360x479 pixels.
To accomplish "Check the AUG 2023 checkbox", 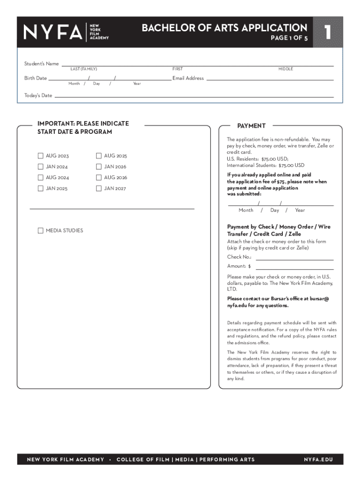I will pos(41,156).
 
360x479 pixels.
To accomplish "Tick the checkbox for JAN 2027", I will pos(99,189).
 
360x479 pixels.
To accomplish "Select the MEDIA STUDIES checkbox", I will pos(41,231).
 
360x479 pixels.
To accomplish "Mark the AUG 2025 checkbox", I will pos(99,156).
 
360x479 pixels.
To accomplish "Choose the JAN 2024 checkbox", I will pos(41,167).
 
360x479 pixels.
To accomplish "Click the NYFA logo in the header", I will pos(66,32).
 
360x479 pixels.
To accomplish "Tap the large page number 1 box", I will pos(328,32).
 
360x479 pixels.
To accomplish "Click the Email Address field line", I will pos(270,79).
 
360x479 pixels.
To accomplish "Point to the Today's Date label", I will pos(38,95).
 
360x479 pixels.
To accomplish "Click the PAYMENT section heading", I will pos(251,126).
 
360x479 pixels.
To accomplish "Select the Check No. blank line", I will pos(294,258).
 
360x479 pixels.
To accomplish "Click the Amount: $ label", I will pos(239,266).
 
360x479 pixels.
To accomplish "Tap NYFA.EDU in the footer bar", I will pos(318,459).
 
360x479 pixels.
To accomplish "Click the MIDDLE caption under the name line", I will pos(286,69).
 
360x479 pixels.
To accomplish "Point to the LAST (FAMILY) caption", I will pos(84,69).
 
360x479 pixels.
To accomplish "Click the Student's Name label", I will pos(42,64).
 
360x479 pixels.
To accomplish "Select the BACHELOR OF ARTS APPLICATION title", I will pos(224,28).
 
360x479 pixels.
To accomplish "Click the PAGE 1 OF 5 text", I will pos(289,39).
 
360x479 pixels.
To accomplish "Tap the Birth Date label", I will pos(36,78).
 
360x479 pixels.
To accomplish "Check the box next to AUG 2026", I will pos(99,177).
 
